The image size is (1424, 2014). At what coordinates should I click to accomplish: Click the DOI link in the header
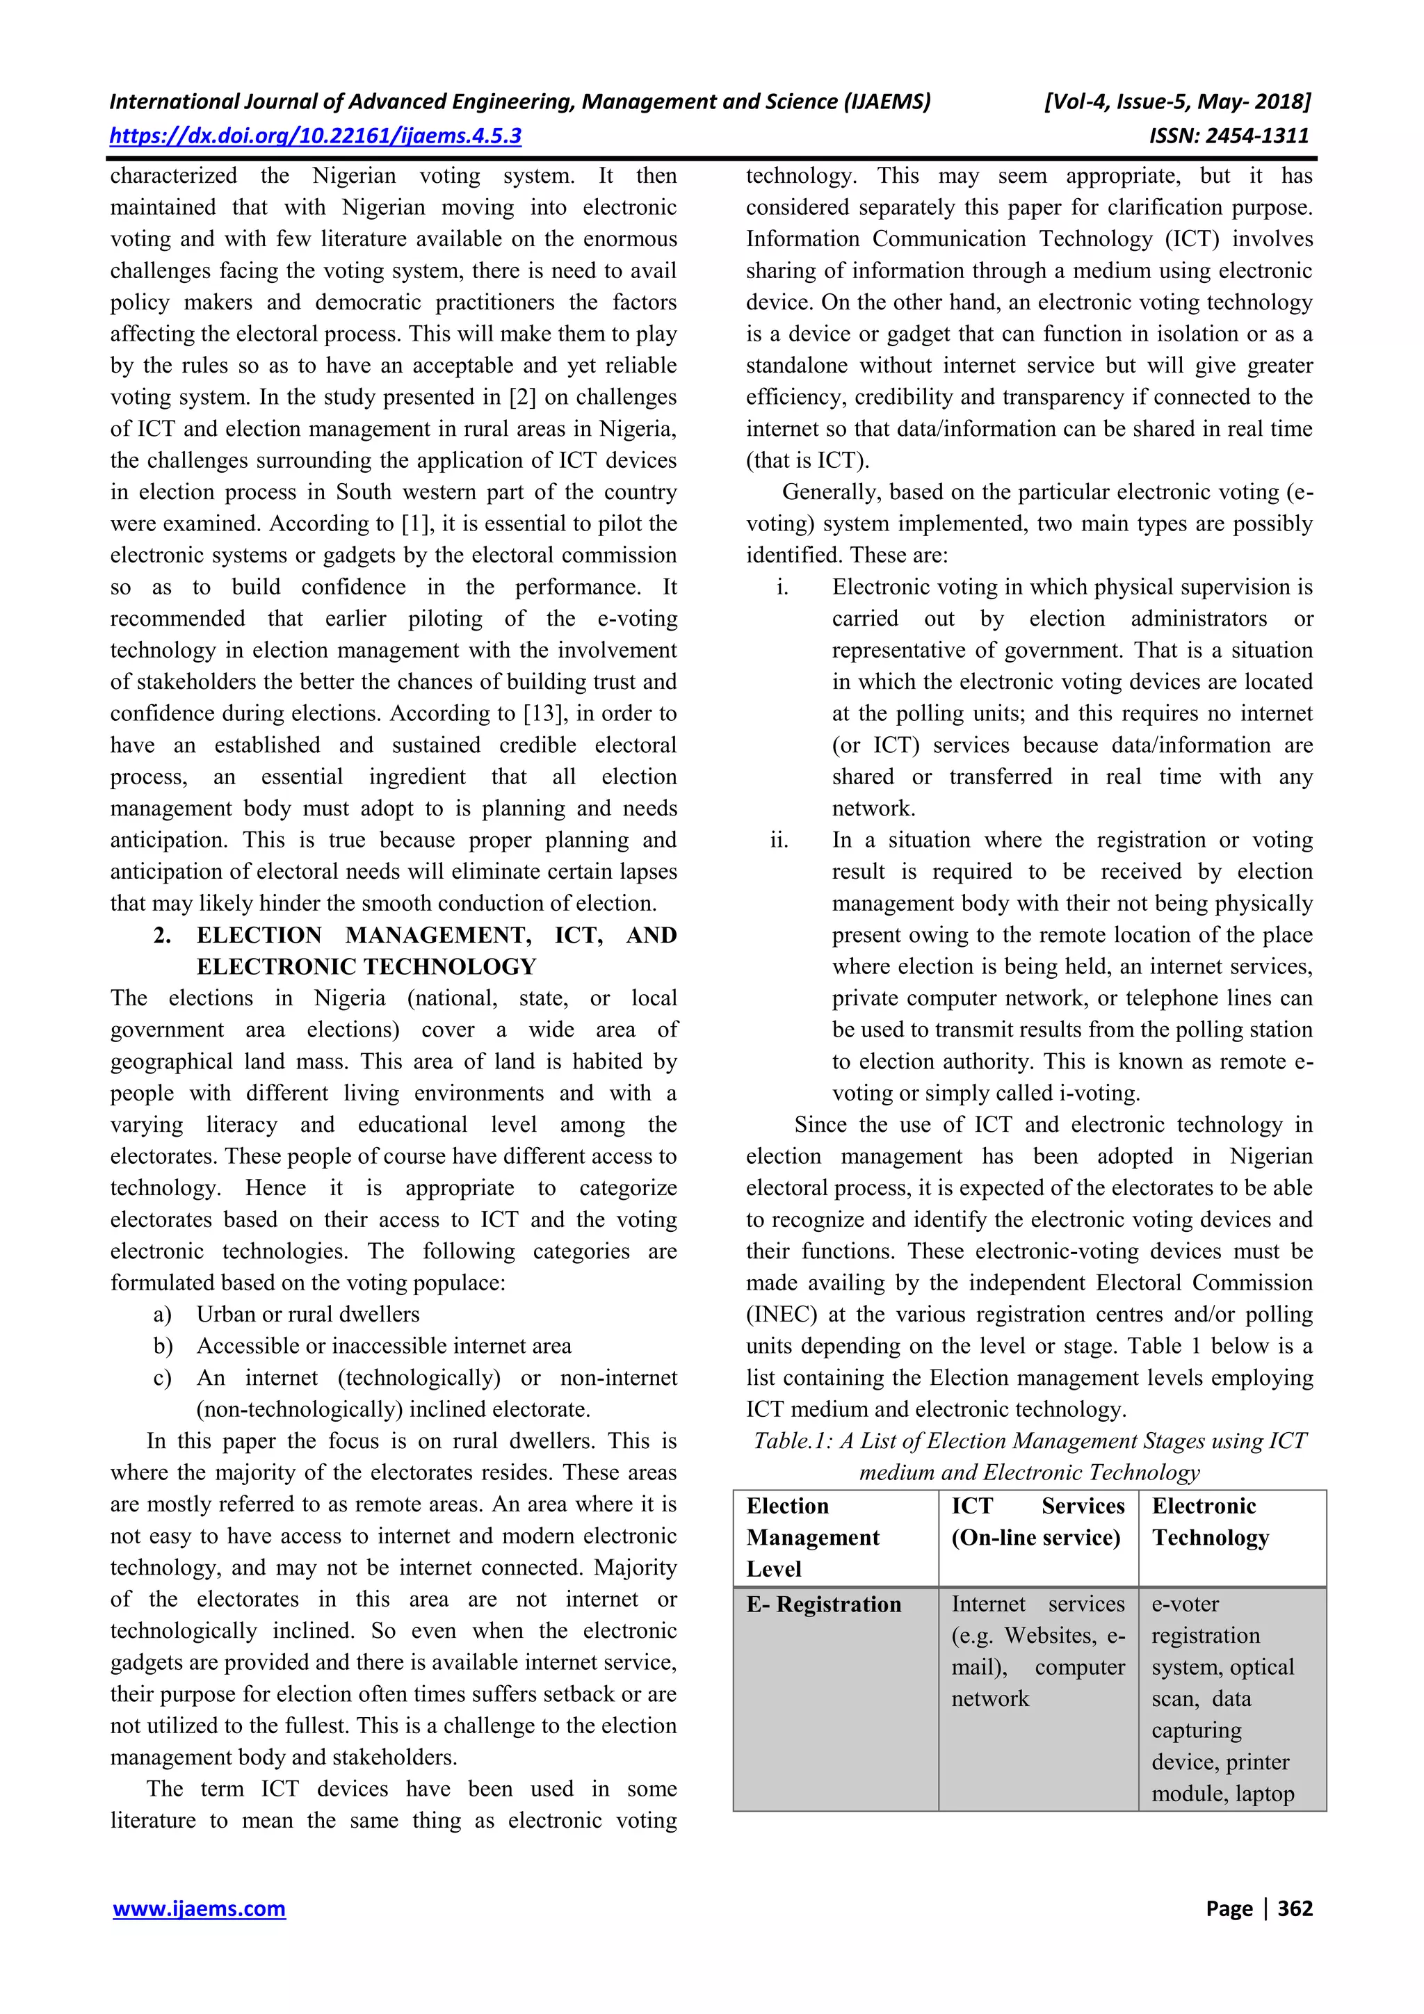pyautogui.click(x=315, y=136)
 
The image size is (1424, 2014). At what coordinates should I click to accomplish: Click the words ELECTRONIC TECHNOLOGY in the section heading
pyautogui.click(x=366, y=966)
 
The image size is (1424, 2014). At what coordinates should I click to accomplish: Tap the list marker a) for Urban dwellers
pyautogui.click(x=162, y=1314)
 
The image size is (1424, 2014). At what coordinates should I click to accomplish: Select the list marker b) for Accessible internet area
pyautogui.click(x=162, y=1346)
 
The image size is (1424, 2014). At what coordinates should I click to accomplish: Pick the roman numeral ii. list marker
pyautogui.click(x=779, y=840)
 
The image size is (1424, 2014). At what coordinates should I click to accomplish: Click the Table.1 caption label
pyautogui.click(x=792, y=1440)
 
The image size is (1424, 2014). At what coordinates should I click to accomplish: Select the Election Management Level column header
pyautogui.click(x=812, y=1537)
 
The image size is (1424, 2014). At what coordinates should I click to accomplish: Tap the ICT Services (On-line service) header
pyautogui.click(x=1037, y=1521)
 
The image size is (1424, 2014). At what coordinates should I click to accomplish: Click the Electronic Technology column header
pyautogui.click(x=1210, y=1521)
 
